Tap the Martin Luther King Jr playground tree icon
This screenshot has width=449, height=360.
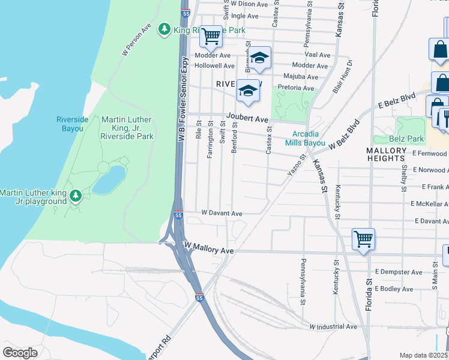(76, 196)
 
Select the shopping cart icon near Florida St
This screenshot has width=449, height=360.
(363, 239)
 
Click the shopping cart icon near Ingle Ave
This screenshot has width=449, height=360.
(211, 37)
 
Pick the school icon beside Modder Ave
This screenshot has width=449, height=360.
(259, 58)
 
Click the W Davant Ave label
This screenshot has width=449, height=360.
(221, 213)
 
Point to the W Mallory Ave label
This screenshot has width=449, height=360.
(209, 247)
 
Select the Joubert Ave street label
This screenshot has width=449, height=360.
(247, 119)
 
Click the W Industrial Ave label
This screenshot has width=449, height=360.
(333, 327)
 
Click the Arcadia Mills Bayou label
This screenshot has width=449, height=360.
(309, 139)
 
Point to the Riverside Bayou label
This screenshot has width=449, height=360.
(72, 124)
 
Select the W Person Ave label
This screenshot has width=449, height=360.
(137, 40)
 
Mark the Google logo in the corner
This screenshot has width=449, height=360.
(20, 353)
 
